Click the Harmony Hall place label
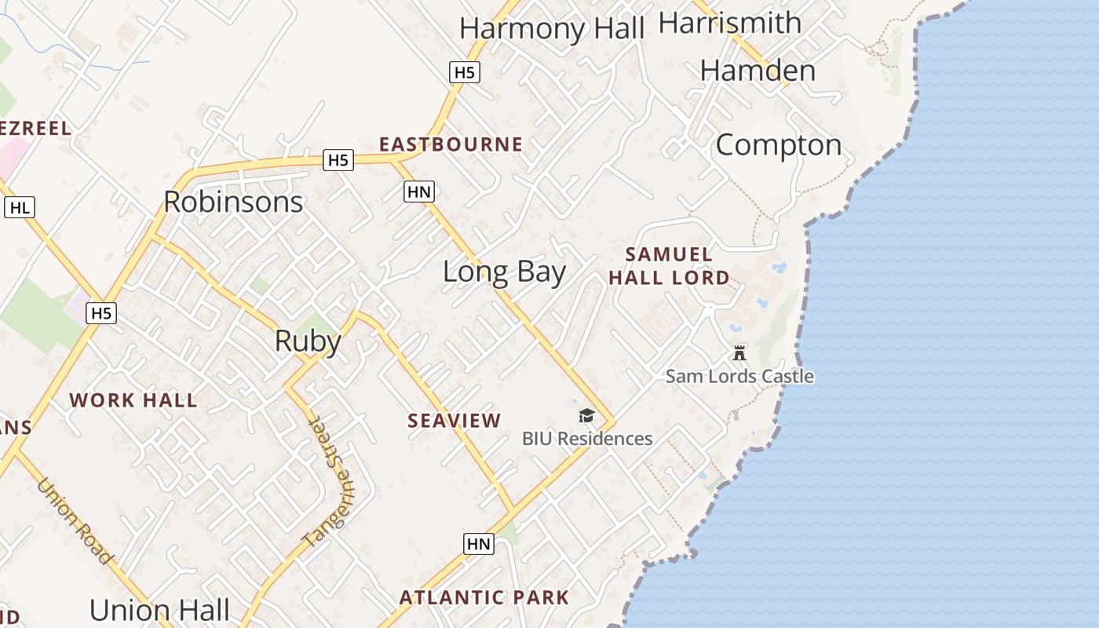pos(551,28)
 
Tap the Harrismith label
pos(730,23)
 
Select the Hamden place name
pos(758,71)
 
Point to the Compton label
pos(778,144)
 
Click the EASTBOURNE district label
pos(451,144)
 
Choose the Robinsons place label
pos(233,202)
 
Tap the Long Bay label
pos(504,272)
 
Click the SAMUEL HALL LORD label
pos(669,265)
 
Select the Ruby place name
pos(308,341)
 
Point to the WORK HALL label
pos(133,400)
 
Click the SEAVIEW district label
pos(454,421)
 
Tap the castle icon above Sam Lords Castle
pos(739,352)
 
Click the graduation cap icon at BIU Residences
pos(586,415)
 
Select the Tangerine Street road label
pos(330,483)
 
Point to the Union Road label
pos(75,520)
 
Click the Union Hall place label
pos(159,610)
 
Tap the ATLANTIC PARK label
pos(484,597)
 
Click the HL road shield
pos(20,207)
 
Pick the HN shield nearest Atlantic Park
pos(478,543)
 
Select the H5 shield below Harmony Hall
pos(464,73)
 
